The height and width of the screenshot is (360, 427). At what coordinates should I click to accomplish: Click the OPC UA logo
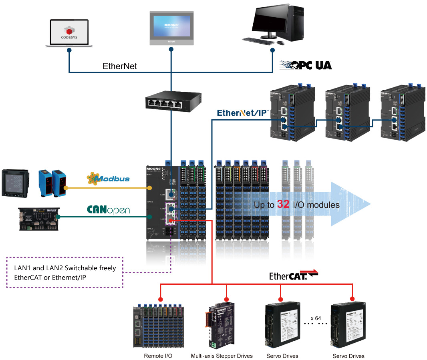(306, 65)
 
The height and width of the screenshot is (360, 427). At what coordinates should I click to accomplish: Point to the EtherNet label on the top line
(120, 66)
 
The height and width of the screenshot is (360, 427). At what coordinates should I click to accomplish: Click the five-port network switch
(173, 103)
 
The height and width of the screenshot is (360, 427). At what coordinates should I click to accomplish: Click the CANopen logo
(108, 210)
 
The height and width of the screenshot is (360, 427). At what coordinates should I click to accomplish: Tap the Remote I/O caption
(158, 356)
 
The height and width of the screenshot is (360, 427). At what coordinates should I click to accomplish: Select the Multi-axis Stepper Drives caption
(222, 356)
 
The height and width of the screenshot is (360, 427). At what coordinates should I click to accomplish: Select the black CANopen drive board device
(39, 218)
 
